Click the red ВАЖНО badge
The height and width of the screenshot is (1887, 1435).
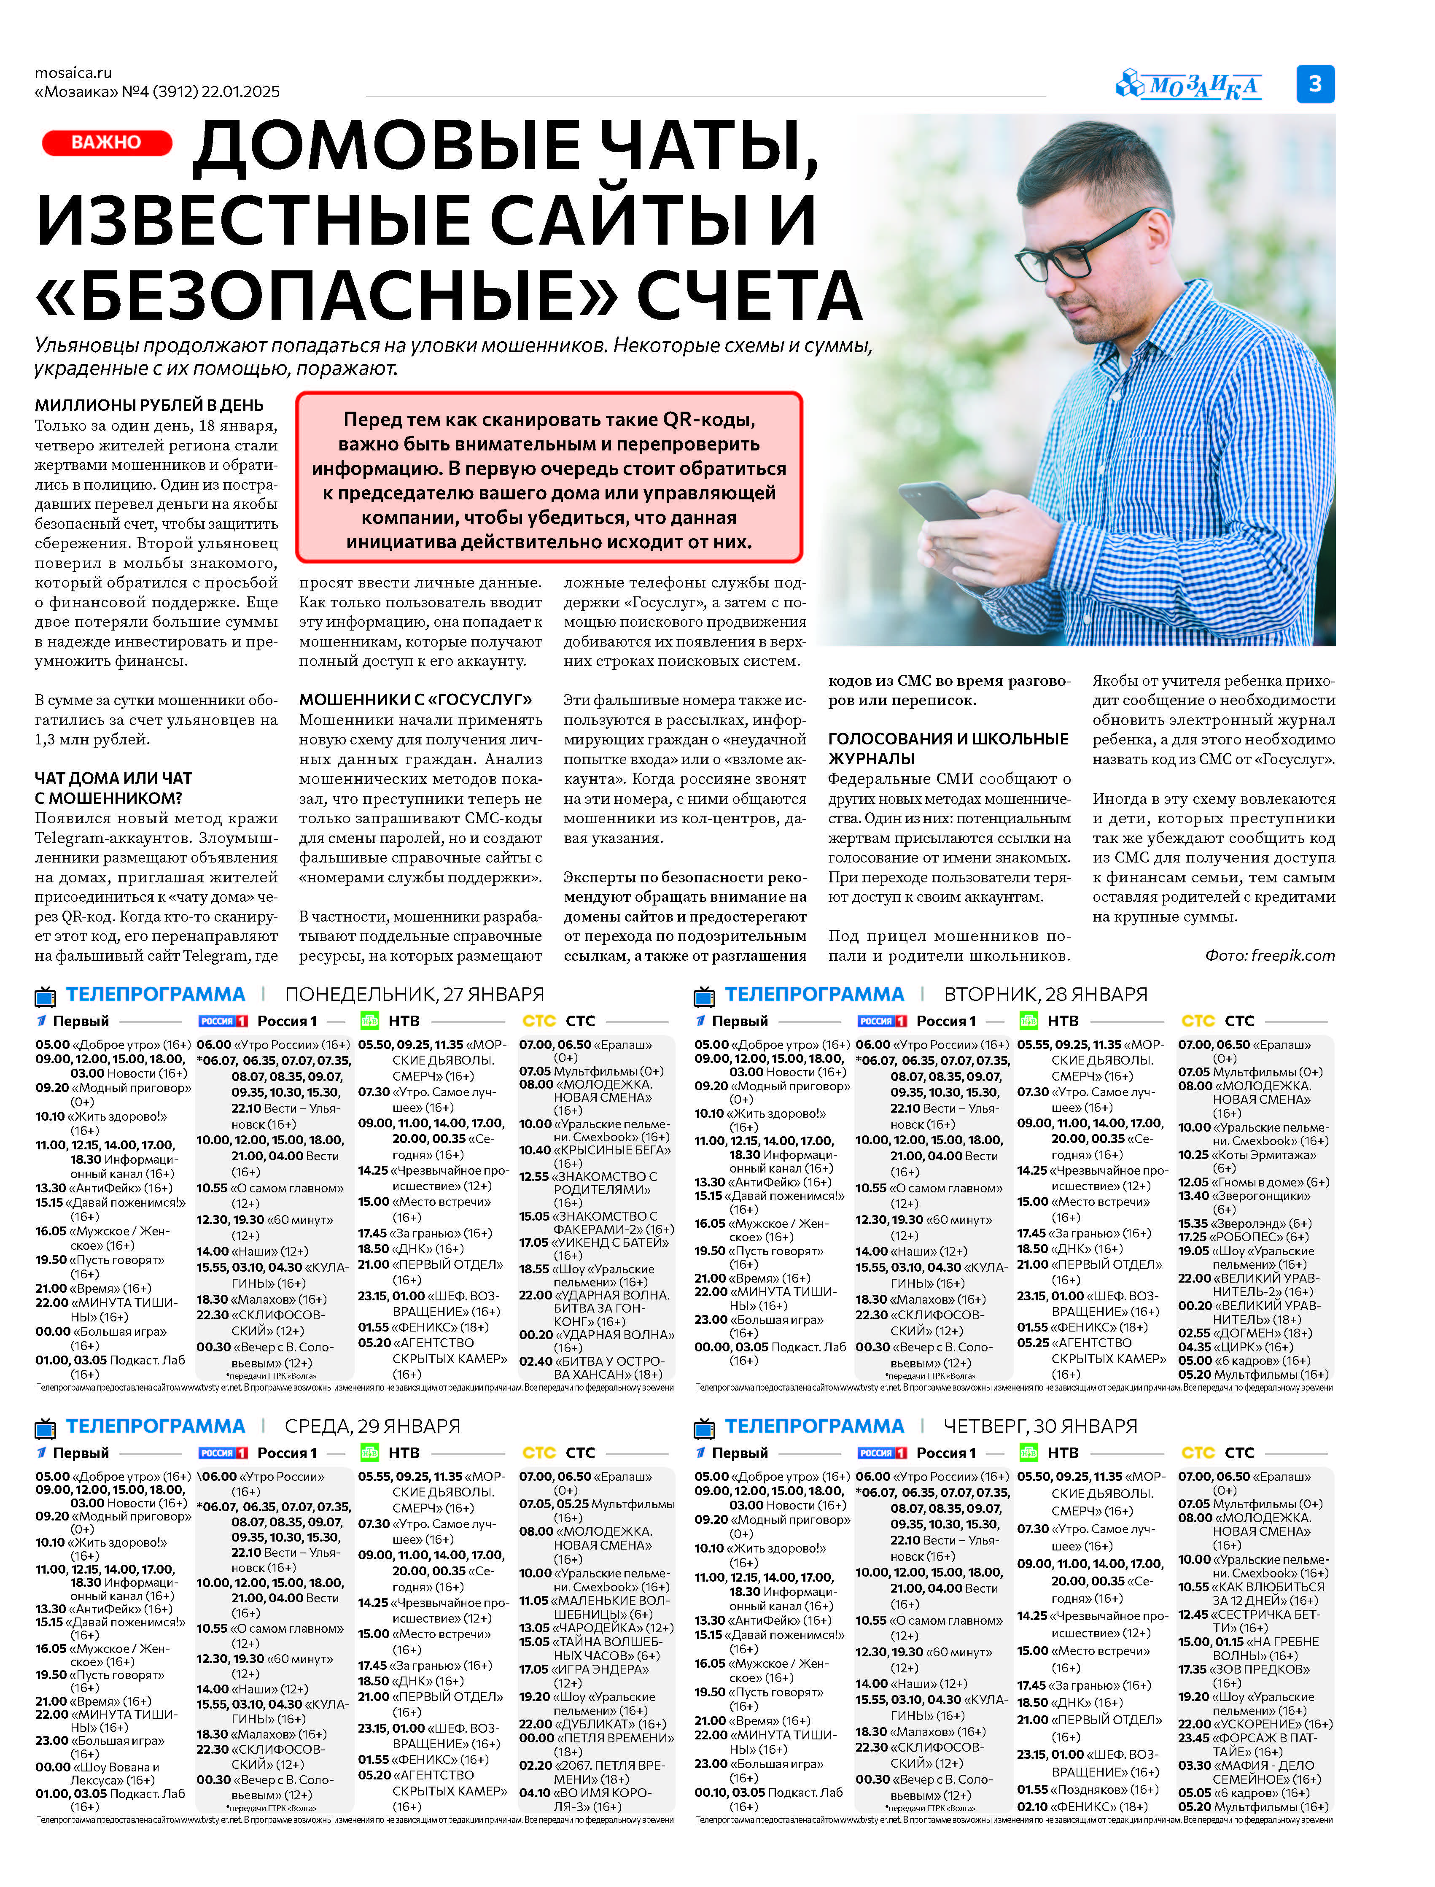(107, 143)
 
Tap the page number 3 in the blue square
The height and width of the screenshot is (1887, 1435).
(1314, 84)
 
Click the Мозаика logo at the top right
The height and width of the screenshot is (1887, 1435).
(1189, 86)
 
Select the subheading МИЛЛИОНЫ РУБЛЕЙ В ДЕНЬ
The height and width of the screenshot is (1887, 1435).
(148, 405)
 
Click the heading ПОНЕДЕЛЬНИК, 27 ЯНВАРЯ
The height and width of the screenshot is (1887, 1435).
(414, 995)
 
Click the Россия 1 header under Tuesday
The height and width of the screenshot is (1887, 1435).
(945, 1021)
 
